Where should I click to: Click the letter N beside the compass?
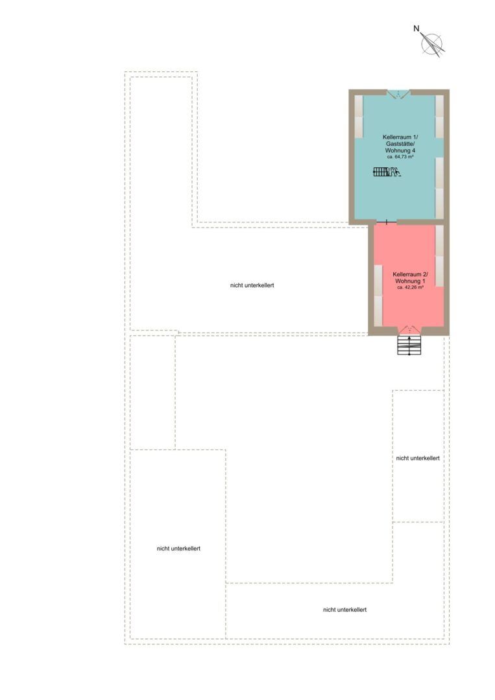(417, 29)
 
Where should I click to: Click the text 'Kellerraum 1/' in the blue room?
(400, 137)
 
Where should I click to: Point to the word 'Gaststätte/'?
(400, 144)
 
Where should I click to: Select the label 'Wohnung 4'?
(400, 151)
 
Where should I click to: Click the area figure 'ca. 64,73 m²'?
(400, 157)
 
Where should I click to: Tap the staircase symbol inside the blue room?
(386, 171)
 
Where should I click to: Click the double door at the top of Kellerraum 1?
(398, 94)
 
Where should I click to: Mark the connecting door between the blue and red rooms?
(386, 222)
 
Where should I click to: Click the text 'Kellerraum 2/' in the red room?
(410, 275)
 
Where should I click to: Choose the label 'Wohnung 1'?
(410, 281)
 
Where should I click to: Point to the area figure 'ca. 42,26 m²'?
(410, 288)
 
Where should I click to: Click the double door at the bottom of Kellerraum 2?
(409, 330)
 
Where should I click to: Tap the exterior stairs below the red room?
(409, 345)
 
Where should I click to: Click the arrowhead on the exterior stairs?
(409, 338)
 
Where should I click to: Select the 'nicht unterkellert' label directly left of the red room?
(252, 285)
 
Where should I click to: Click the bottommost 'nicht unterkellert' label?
(345, 610)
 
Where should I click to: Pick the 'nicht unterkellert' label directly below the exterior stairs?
(418, 458)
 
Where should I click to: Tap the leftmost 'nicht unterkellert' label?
(178, 549)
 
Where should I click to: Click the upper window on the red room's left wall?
(378, 281)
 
